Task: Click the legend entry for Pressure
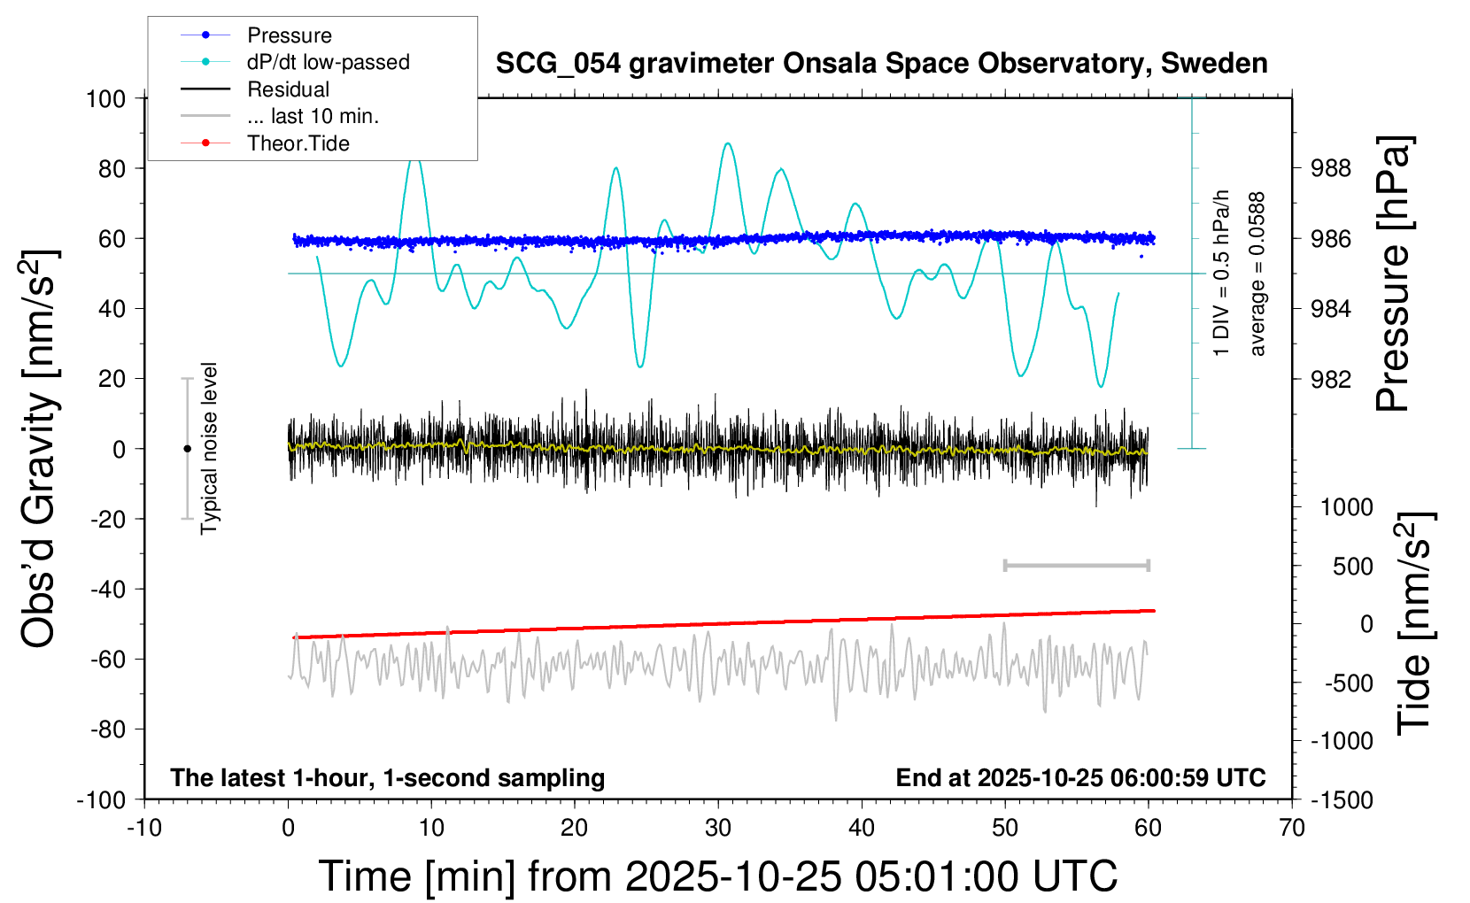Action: point(289,35)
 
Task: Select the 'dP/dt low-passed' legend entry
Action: point(328,62)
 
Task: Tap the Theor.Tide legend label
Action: point(298,143)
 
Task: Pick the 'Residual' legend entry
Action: point(288,89)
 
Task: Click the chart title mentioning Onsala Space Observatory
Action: point(881,64)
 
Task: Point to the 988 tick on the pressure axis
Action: point(1331,168)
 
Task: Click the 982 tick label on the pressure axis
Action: point(1331,379)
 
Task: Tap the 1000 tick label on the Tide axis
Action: point(1347,507)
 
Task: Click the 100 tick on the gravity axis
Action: point(106,98)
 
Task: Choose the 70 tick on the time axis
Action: point(1292,828)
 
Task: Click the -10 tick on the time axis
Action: point(144,828)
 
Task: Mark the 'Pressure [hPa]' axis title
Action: point(1394,274)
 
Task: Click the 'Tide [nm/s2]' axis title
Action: point(1415,623)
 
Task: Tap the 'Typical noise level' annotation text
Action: point(209,448)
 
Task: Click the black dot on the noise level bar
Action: point(187,449)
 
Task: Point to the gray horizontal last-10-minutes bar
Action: point(1076,565)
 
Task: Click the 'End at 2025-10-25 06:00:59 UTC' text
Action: point(1080,777)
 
